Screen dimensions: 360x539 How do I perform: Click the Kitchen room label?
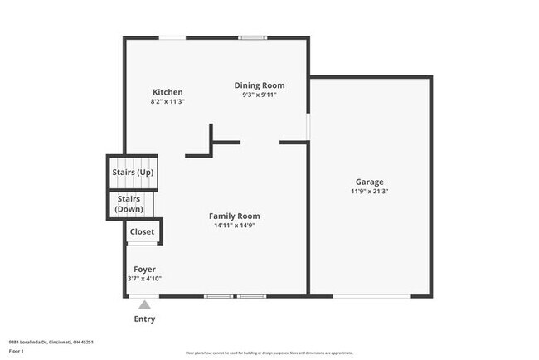tap(167, 92)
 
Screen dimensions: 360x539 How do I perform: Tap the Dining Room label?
tap(259, 85)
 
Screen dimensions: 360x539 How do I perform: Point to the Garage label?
tap(369, 182)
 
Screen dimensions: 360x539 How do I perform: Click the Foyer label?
tap(144, 270)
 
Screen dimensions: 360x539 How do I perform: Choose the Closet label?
tap(142, 232)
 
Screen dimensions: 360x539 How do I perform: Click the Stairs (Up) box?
tap(133, 173)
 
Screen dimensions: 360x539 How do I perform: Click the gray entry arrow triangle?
tap(144, 304)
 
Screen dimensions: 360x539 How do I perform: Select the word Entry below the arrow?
tap(144, 319)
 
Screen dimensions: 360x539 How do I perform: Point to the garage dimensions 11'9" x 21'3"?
tap(369, 191)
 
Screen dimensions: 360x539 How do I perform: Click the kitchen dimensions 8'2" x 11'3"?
tap(167, 101)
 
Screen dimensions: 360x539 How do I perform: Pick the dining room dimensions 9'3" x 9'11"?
tap(259, 95)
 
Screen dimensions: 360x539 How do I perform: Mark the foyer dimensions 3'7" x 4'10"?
tap(144, 279)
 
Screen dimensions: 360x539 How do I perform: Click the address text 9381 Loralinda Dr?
tap(51, 342)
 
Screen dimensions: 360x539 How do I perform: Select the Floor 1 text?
tap(17, 351)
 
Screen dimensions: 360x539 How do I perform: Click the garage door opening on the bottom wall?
tap(371, 296)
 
